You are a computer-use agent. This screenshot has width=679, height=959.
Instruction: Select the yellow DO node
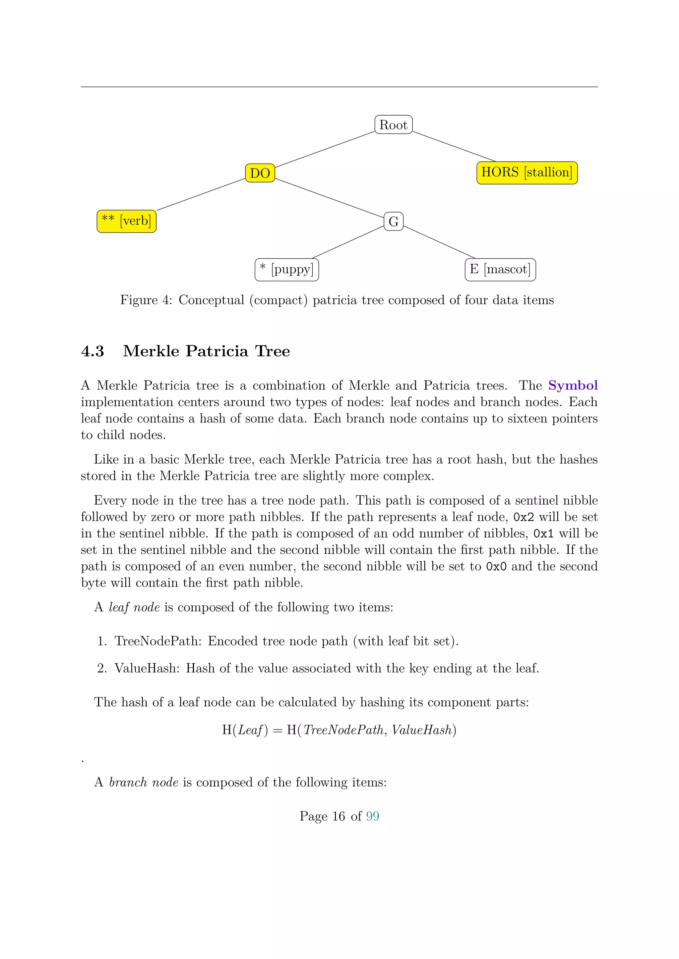coord(260,173)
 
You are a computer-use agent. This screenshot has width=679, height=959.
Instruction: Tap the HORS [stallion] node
coord(527,173)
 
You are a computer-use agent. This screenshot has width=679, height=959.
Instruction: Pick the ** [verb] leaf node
coord(126,221)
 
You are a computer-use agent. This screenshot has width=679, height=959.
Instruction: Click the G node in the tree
coord(394,222)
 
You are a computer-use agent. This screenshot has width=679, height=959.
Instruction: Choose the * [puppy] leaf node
coord(287,270)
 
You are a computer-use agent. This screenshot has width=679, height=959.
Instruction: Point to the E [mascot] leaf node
coord(500,270)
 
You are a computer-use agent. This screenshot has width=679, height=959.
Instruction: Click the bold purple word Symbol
coord(573,385)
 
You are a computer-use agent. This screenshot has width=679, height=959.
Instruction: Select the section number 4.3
coord(93,351)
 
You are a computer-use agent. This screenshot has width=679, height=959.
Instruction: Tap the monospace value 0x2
coord(524,517)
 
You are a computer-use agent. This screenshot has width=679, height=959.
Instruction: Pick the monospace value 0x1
coord(543,534)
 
